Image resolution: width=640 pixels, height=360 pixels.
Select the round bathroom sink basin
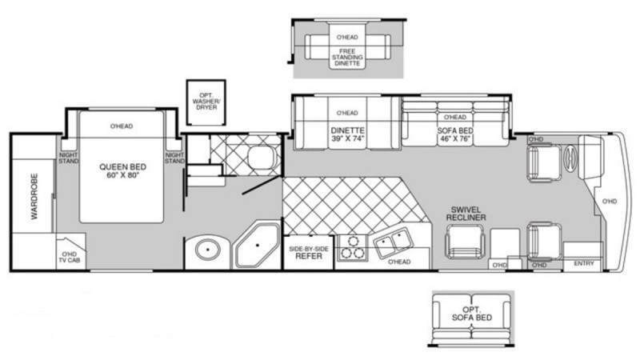207,250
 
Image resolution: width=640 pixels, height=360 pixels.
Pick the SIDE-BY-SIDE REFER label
308,253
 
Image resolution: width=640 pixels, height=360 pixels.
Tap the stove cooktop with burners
350,249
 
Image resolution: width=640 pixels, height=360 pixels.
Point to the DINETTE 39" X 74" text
347,134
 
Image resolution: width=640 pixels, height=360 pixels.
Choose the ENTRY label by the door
584,263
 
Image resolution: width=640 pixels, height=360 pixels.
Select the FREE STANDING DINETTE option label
347,57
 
